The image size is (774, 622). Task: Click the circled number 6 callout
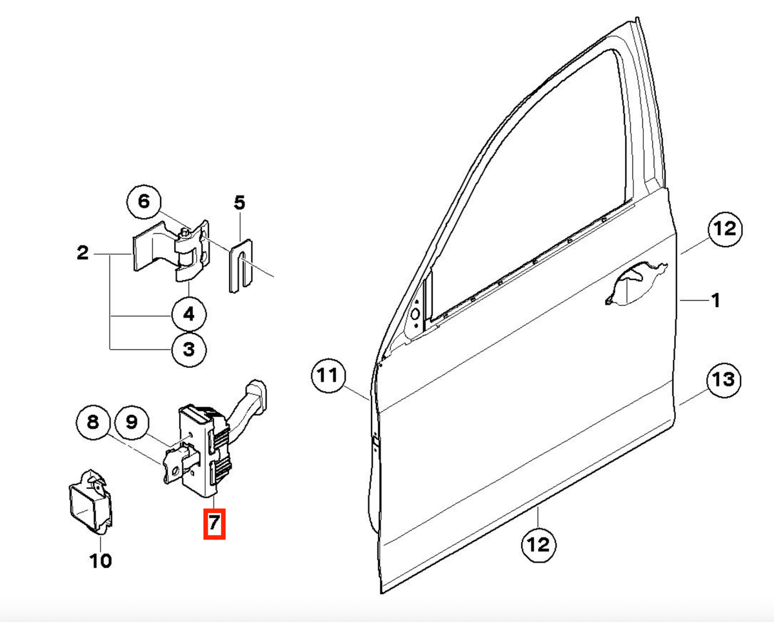tap(144, 202)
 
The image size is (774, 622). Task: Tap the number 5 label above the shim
tap(239, 203)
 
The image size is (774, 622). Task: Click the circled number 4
tap(189, 314)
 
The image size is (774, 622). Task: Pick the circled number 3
tap(189, 349)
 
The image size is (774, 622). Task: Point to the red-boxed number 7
tap(214, 524)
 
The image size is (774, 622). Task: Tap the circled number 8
tap(93, 423)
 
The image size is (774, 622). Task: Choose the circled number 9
tap(132, 423)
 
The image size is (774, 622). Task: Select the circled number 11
tap(328, 376)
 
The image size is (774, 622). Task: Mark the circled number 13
tap(724, 380)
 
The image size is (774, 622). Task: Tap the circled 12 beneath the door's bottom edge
tap(539, 545)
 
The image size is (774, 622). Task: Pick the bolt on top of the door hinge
tap(184, 232)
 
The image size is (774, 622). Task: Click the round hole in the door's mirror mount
tap(415, 314)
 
